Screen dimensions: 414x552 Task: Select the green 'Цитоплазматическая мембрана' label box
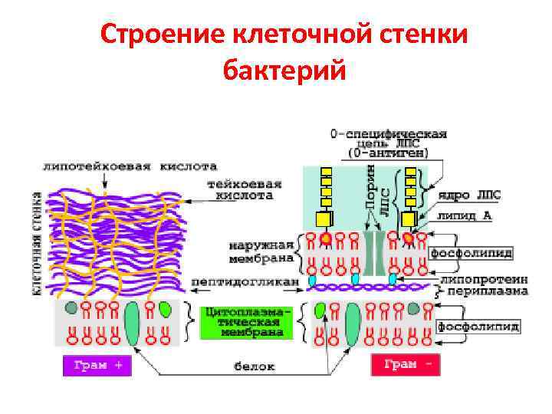tap(246, 323)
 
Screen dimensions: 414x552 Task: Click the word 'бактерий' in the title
tap(284, 70)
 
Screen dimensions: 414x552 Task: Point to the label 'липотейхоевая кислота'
tap(131, 166)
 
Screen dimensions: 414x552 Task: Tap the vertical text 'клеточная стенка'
tap(36, 243)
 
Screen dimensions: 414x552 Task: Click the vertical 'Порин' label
tap(370, 189)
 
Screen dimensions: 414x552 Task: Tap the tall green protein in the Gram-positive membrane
tap(131, 322)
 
